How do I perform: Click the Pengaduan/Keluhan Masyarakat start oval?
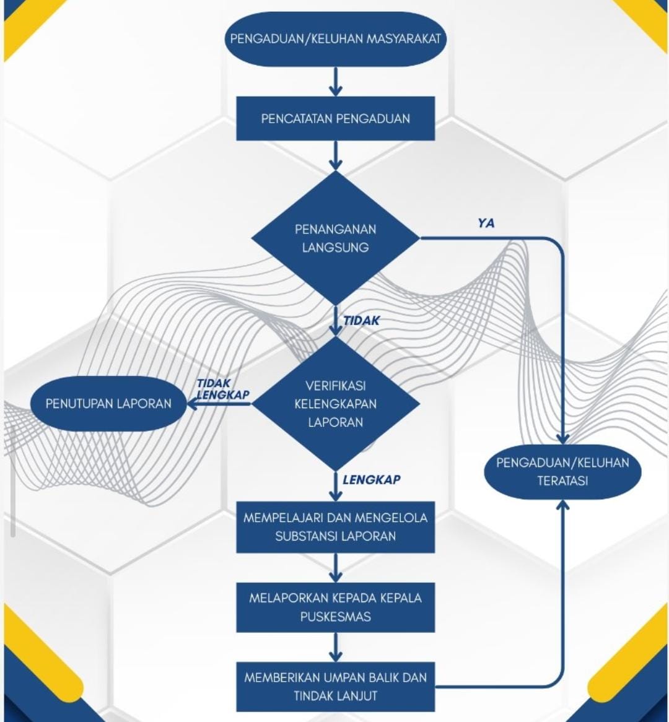click(x=335, y=38)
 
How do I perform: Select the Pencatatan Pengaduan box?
click(x=335, y=118)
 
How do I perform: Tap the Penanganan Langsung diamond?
click(x=335, y=238)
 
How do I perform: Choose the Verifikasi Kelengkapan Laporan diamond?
click(x=335, y=404)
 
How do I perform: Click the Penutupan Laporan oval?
click(x=109, y=404)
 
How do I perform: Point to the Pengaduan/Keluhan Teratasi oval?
click(x=562, y=472)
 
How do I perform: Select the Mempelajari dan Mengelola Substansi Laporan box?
click(x=335, y=527)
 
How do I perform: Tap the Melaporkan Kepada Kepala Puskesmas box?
click(x=335, y=607)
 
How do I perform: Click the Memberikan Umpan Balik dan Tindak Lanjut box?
click(x=335, y=687)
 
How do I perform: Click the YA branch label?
click(x=486, y=224)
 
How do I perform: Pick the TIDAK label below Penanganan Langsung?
click(x=362, y=321)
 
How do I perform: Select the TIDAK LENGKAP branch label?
click(x=223, y=389)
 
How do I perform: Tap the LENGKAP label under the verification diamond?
click(x=372, y=480)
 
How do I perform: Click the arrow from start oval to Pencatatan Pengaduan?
click(x=336, y=82)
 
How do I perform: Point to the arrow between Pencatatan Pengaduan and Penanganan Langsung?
click(x=336, y=155)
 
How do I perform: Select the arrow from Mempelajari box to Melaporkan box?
click(x=336, y=568)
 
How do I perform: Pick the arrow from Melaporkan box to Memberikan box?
click(x=336, y=648)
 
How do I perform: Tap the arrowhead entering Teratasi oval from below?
click(x=562, y=505)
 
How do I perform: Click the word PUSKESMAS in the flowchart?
click(x=335, y=617)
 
